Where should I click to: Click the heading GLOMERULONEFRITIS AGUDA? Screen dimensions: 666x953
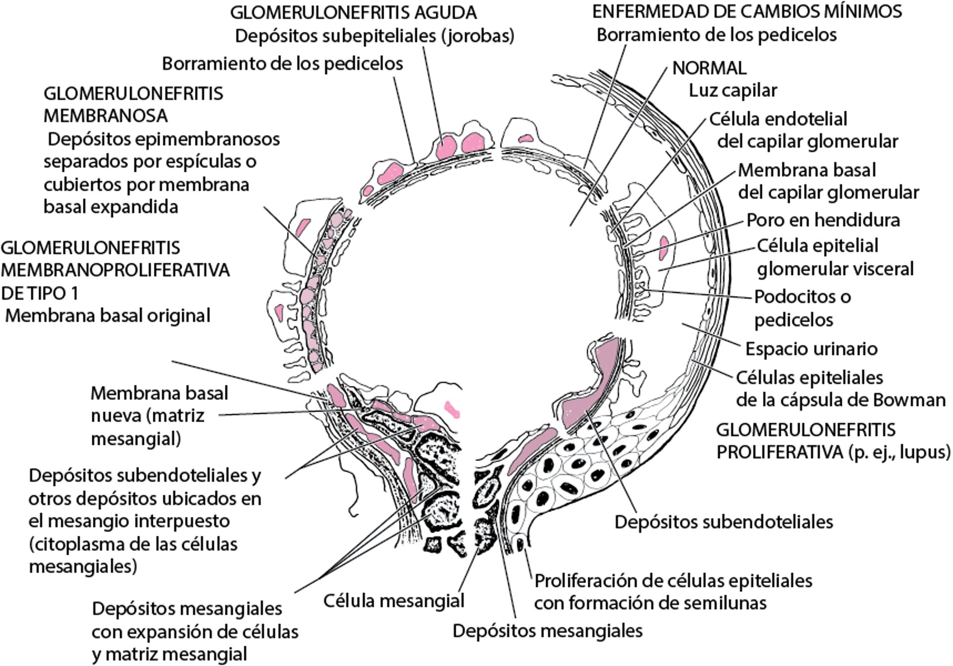pyautogui.click(x=353, y=12)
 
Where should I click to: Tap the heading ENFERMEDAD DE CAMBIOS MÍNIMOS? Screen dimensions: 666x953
pyautogui.click(x=747, y=11)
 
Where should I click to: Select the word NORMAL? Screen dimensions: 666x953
pyautogui.click(x=709, y=68)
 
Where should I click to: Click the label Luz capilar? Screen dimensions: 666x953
pyautogui.click(x=733, y=90)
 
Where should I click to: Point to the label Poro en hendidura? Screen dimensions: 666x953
pyautogui.click(x=823, y=220)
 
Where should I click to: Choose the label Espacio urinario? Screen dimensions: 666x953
pyautogui.click(x=811, y=349)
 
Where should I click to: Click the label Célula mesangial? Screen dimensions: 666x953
pyautogui.click(x=394, y=601)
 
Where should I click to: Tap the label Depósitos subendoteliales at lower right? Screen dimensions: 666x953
pyautogui.click(x=724, y=522)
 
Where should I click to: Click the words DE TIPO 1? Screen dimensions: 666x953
pyautogui.click(x=40, y=293)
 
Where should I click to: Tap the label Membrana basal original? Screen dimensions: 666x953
pyautogui.click(x=108, y=315)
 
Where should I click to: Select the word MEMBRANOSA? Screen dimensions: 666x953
pyautogui.click(x=106, y=116)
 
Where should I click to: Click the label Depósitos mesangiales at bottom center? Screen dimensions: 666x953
pyautogui.click(x=547, y=631)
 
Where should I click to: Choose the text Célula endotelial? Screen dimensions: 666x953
pyautogui.click(x=778, y=119)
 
